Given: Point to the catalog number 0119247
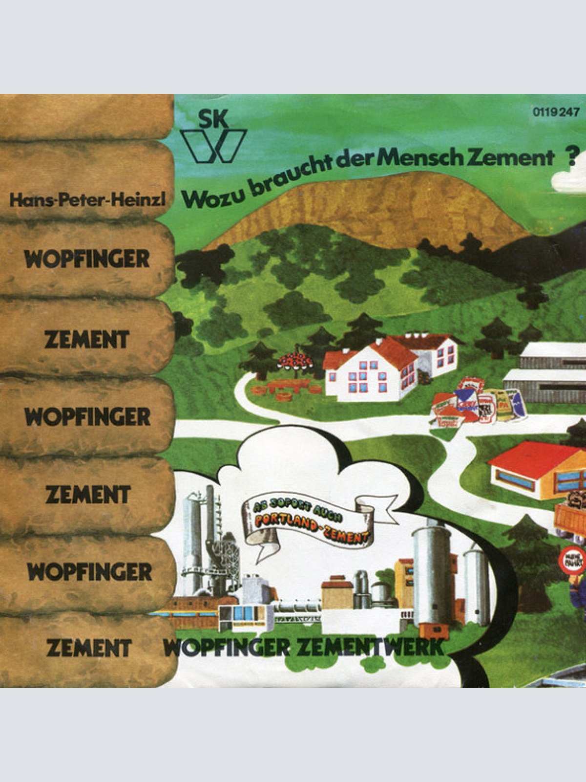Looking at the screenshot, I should pos(557,112).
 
